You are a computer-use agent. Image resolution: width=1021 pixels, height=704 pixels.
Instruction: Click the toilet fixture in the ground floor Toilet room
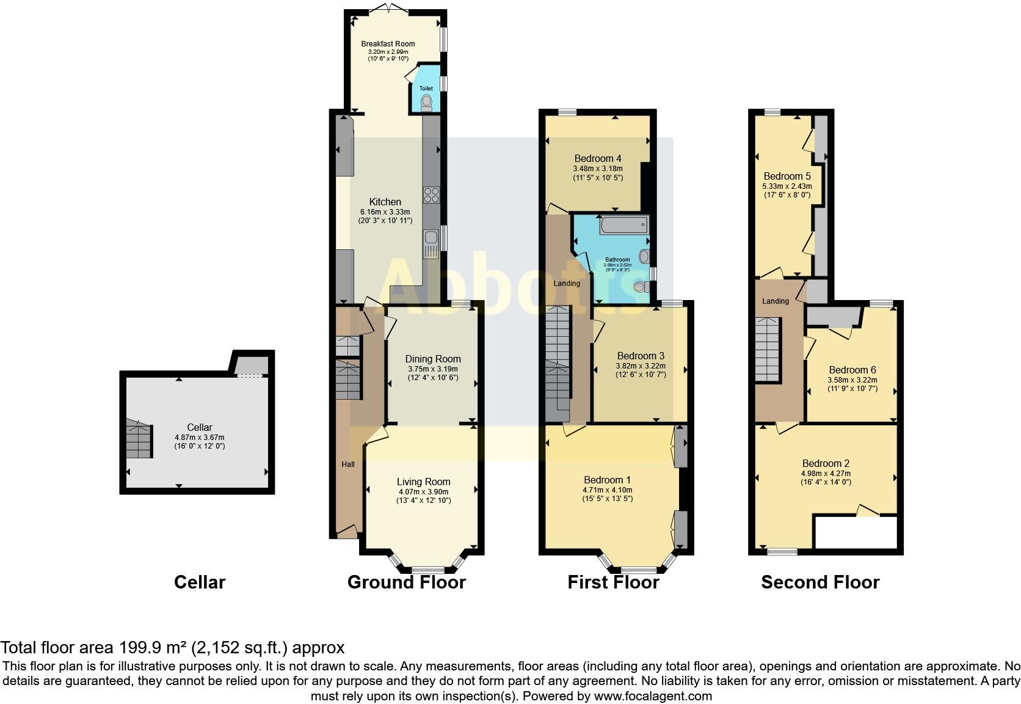(x=426, y=102)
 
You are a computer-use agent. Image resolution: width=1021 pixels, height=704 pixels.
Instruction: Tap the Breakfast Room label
(x=388, y=43)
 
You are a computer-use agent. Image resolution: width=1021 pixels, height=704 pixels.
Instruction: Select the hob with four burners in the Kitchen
(x=431, y=195)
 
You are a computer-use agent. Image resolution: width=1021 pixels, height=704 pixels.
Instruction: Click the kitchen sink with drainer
(x=431, y=243)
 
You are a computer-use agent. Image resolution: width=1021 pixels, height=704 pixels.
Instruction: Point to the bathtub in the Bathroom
(x=623, y=226)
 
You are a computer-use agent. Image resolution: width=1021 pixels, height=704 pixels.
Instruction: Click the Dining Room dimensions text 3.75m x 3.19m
(x=432, y=369)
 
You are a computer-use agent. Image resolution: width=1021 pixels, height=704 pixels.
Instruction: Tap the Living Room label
(x=423, y=482)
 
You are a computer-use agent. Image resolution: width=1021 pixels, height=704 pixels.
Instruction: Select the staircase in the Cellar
(x=139, y=439)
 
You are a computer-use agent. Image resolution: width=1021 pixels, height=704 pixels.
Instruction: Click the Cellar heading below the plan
(x=200, y=582)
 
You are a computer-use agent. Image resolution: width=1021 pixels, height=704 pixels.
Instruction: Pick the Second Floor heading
(x=820, y=582)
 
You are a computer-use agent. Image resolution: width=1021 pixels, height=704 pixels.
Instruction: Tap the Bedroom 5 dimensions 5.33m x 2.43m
(x=787, y=186)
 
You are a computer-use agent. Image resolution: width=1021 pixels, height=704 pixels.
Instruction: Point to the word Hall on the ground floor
(x=348, y=464)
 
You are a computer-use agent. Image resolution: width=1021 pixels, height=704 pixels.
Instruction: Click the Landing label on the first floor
(x=567, y=284)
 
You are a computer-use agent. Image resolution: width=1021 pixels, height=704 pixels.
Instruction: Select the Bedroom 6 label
(x=852, y=370)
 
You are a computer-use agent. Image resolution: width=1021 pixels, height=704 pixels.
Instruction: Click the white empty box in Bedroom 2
(x=856, y=533)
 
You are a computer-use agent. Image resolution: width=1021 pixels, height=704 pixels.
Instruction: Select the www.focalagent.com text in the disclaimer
(x=653, y=695)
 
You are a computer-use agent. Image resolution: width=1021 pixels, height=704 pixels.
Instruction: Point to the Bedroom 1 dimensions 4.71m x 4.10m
(x=607, y=490)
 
